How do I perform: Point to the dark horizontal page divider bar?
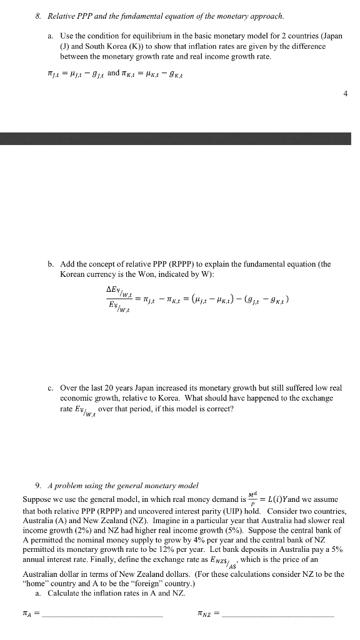(180, 139)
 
